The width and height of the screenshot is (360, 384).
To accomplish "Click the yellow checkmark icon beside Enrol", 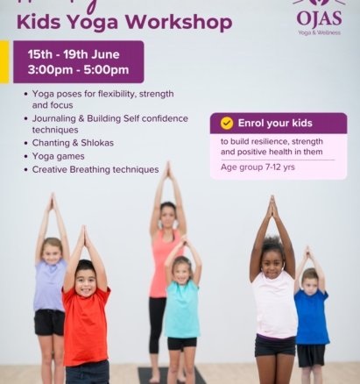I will [226, 123].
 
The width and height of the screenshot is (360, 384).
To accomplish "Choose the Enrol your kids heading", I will [275, 123].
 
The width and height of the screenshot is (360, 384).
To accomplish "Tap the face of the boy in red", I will [84, 278].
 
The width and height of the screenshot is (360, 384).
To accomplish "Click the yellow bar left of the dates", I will [4, 62].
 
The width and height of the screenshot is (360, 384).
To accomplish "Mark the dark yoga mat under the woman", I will [153, 374].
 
